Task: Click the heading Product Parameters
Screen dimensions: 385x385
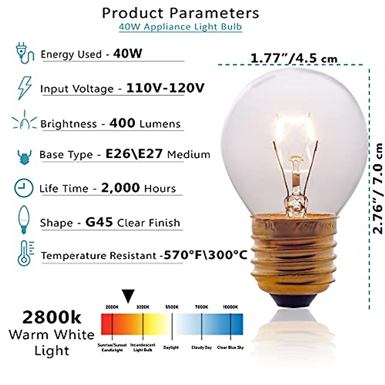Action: click(180, 13)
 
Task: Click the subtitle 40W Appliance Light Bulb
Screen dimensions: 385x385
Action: click(180, 27)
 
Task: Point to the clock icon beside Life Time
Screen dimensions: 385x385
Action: click(24, 187)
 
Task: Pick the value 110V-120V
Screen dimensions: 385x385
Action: click(165, 88)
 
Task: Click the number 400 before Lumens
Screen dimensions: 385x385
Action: click(122, 123)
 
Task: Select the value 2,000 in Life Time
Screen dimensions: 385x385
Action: click(120, 188)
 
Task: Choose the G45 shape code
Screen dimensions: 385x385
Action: click(99, 222)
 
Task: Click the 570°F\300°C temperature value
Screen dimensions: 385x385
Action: click(205, 255)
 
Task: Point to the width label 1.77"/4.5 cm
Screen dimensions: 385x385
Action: click(294, 59)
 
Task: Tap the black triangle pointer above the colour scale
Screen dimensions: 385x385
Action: click(128, 295)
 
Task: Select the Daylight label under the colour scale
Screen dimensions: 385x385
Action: click(171, 347)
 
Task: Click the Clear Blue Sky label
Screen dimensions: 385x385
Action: click(230, 347)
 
